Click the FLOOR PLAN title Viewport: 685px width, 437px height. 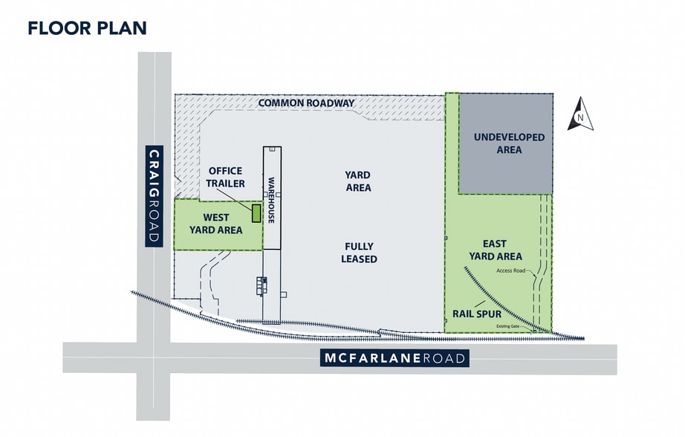(87, 28)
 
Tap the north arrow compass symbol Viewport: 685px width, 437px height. (580, 116)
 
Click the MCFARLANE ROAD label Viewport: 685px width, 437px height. (395, 358)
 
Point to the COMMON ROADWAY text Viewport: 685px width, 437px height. (306, 103)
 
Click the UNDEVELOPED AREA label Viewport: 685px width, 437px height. (509, 143)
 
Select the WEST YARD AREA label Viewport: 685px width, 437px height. (215, 224)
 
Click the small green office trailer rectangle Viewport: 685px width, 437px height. (256, 213)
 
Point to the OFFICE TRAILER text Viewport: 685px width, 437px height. (226, 177)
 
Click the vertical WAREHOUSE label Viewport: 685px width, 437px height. (272, 200)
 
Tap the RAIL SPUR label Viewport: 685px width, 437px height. (475, 313)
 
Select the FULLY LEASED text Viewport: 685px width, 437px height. (359, 253)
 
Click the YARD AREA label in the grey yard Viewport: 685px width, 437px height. (358, 181)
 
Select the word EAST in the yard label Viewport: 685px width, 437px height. (494, 243)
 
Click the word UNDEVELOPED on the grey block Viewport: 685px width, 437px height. (509, 137)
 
